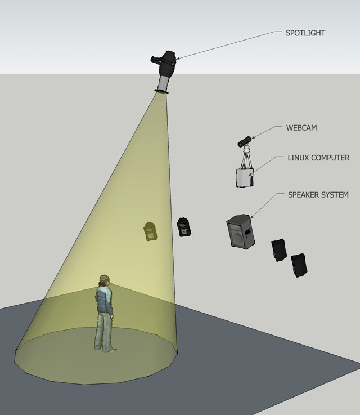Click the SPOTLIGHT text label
tap(305, 33)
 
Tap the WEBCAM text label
tap(302, 128)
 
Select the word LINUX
tap(299, 158)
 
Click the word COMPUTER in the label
tap(332, 158)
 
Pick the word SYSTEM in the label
tap(336, 195)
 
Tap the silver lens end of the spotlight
tap(163, 86)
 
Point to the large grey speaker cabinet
tap(240, 231)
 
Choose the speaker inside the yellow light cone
tap(150, 231)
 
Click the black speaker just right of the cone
tap(183, 227)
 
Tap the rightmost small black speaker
tap(299, 265)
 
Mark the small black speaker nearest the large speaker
tap(279, 250)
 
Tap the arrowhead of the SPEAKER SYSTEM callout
tap(251, 217)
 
